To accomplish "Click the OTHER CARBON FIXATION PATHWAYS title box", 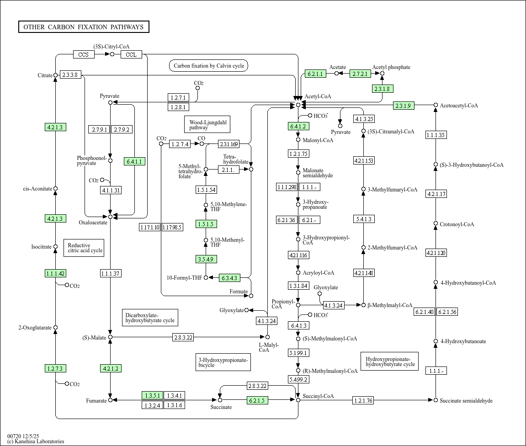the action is [84, 27].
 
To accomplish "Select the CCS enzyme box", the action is [84, 54].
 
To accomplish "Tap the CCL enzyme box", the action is [131, 54].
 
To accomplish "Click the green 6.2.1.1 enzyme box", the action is [315, 74].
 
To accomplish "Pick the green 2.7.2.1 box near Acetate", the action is [360, 74].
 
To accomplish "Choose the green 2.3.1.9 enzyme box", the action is [404, 106].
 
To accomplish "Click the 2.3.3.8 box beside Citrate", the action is [70, 75].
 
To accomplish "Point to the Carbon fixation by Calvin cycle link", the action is [209, 66].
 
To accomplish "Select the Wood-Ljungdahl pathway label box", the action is [207, 124].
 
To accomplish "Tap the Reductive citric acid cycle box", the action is [84, 248].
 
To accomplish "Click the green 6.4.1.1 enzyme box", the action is [134, 161].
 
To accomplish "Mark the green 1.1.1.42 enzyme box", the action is [55, 273].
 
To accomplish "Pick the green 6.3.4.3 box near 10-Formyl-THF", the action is [229, 278].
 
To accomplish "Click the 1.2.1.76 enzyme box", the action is [363, 400].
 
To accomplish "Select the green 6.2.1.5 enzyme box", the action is [257, 400].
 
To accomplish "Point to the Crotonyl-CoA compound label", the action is [457, 224].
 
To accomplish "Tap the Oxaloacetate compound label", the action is [93, 223].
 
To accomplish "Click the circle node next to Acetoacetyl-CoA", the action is [436, 105].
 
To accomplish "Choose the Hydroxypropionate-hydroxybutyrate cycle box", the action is [390, 361].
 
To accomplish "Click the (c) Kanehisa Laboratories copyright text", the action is [36, 441].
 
